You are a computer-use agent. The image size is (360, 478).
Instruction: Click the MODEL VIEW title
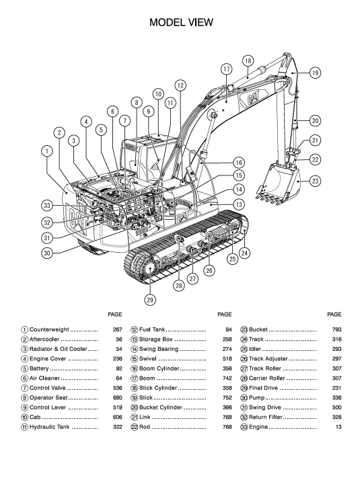tap(181, 23)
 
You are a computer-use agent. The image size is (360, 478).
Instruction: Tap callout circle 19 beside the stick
tap(315, 73)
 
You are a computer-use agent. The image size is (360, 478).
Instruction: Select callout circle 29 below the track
tap(150, 300)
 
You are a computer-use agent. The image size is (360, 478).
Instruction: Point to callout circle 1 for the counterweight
tap(47, 151)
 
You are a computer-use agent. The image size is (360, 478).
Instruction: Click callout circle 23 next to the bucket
tap(315, 181)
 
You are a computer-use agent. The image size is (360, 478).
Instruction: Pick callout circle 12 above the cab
tap(180, 85)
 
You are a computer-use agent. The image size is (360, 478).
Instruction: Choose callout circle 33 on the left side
tap(46, 206)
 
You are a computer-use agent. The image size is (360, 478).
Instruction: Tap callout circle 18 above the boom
tap(248, 61)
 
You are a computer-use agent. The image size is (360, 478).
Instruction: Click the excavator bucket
tap(278, 184)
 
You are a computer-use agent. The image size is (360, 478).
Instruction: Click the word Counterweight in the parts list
tap(49, 329)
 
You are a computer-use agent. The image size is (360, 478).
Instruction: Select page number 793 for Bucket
tap(337, 329)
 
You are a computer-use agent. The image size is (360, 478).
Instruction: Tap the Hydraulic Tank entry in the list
tap(49, 427)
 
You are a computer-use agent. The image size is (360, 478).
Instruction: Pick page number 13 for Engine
tap(338, 427)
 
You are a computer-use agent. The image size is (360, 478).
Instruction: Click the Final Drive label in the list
tap(263, 388)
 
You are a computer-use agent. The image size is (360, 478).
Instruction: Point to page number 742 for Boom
tap(227, 379)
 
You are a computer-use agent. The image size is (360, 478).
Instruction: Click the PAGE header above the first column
tap(115, 315)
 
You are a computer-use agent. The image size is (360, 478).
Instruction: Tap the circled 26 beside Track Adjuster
tap(244, 359)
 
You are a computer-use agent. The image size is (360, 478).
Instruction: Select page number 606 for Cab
tap(118, 417)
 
